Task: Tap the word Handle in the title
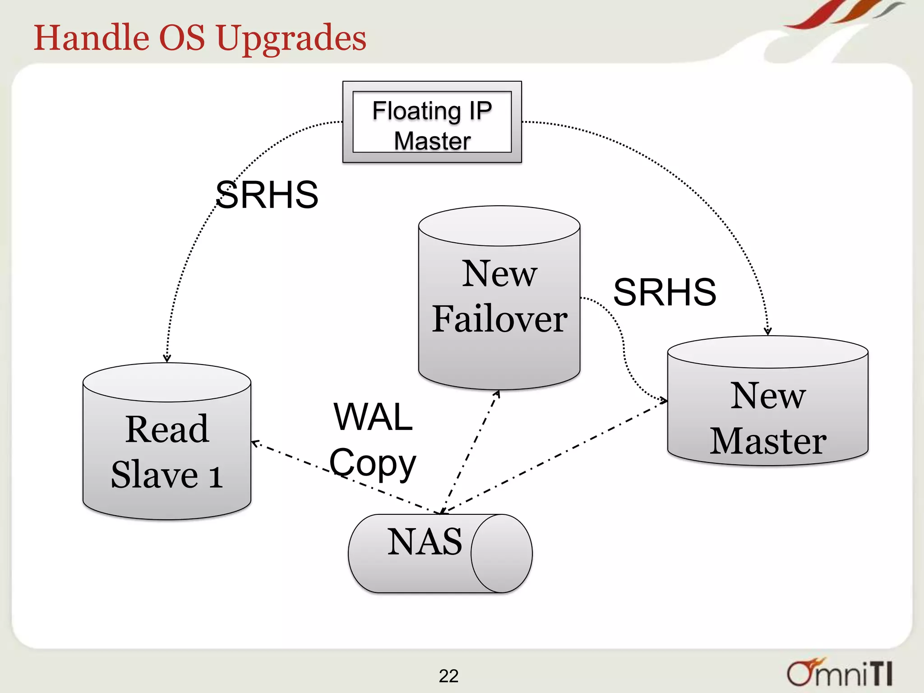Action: tap(91, 37)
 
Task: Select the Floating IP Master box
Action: tap(432, 122)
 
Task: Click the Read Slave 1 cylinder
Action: tap(167, 451)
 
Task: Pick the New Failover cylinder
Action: tap(499, 298)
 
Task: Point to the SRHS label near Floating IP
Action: tap(267, 195)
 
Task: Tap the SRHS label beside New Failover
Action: tap(664, 292)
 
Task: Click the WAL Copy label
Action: tap(373, 440)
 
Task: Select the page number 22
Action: tap(448, 676)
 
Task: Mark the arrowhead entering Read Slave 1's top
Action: tap(167, 358)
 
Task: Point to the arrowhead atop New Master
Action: tap(767, 332)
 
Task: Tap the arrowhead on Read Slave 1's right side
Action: tap(255, 443)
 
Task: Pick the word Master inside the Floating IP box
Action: tap(432, 141)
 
